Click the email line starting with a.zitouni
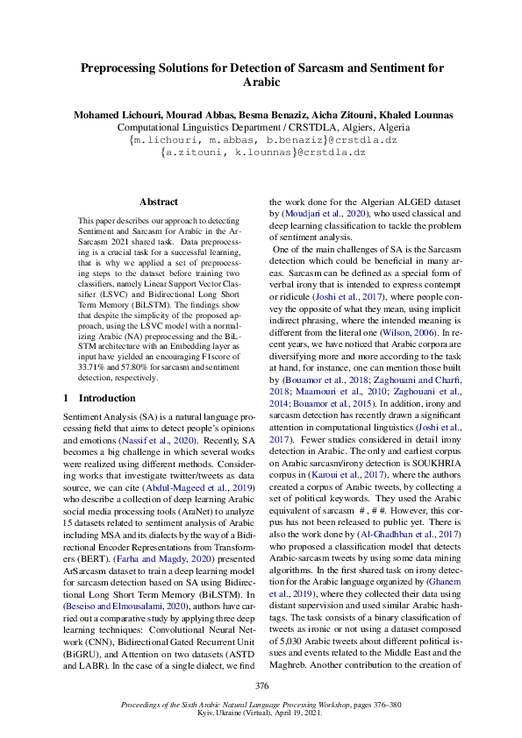pyautogui.click(x=262, y=152)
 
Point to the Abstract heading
pyautogui.click(x=158, y=202)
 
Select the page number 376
pyautogui.click(x=261, y=685)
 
